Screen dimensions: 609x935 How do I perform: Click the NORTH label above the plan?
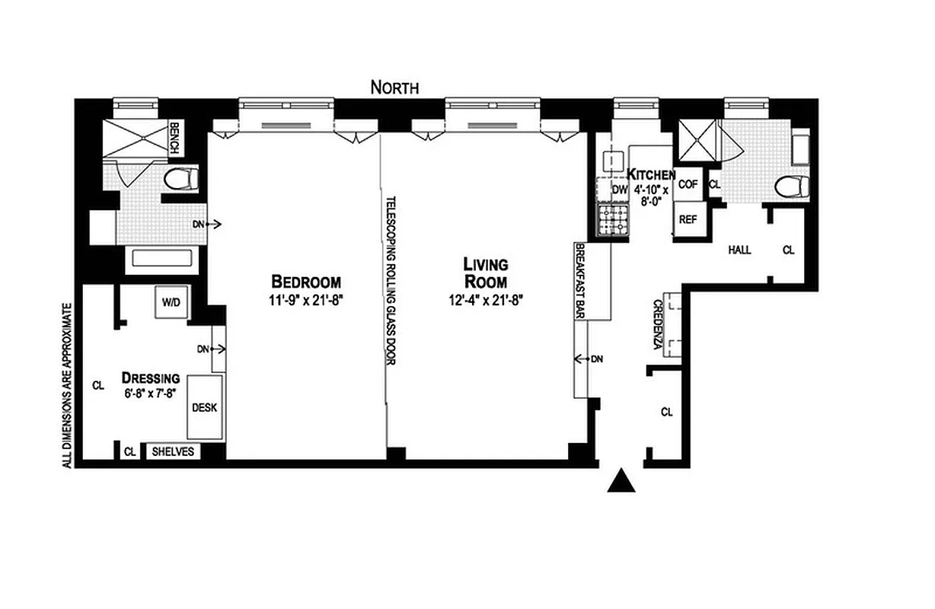[394, 88]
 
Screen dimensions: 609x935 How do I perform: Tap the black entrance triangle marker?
[624, 480]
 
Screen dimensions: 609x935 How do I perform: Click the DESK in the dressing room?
[204, 407]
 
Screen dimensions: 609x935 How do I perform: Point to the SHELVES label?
[174, 451]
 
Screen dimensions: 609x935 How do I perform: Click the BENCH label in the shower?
[174, 138]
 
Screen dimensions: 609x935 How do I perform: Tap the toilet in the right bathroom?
[792, 187]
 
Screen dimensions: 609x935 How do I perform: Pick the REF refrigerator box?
[688, 219]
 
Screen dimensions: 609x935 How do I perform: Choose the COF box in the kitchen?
[688, 183]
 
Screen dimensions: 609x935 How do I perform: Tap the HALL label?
[739, 250]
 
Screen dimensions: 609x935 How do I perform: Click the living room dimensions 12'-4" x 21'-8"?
[486, 299]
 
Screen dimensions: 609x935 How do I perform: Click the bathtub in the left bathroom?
[164, 258]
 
